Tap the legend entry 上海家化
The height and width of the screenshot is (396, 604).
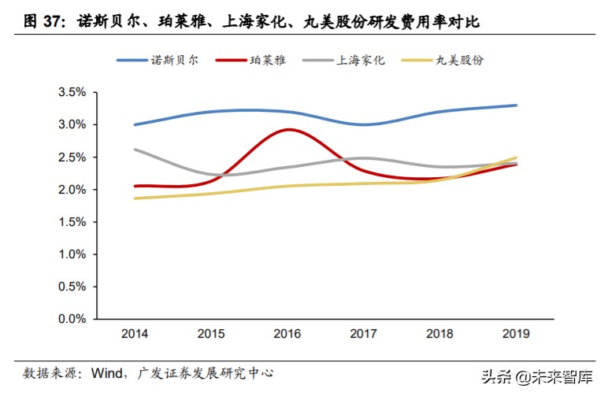pyautogui.click(x=361, y=60)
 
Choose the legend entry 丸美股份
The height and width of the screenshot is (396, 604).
pyautogui.click(x=460, y=60)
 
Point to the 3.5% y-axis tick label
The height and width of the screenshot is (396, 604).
pyautogui.click(x=72, y=92)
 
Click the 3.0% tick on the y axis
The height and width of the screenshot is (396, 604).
pyautogui.click(x=72, y=124)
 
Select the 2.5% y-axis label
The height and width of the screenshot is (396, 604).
pyautogui.click(x=72, y=157)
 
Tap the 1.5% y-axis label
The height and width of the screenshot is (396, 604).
pyautogui.click(x=72, y=222)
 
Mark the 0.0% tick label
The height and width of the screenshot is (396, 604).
pyautogui.click(x=72, y=320)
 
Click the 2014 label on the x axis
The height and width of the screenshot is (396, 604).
pyautogui.click(x=135, y=334)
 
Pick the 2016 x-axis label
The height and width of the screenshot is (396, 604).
pyautogui.click(x=287, y=334)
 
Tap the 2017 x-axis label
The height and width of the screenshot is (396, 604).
pyautogui.click(x=364, y=334)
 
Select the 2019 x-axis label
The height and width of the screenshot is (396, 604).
pyautogui.click(x=517, y=334)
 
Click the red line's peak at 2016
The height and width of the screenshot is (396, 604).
pyautogui.click(x=288, y=129)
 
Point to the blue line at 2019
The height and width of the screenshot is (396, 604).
pyautogui.click(x=517, y=105)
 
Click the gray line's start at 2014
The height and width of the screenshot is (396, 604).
pyautogui.click(x=135, y=149)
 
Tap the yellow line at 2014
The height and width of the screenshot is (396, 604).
pyautogui.click(x=135, y=198)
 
